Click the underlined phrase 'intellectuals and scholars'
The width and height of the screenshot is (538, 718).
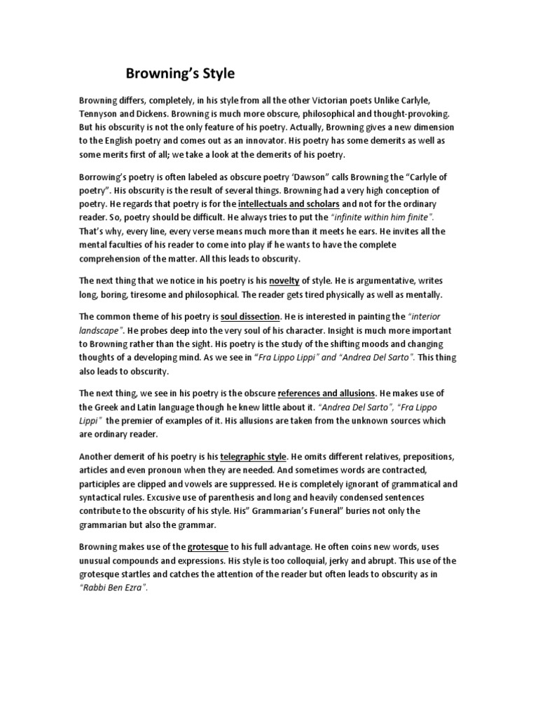[x=289, y=203]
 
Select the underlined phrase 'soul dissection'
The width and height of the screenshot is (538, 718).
[x=249, y=317]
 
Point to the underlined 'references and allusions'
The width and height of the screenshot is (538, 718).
[x=327, y=393]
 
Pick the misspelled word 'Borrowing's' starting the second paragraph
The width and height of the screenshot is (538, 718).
[x=106, y=176]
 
